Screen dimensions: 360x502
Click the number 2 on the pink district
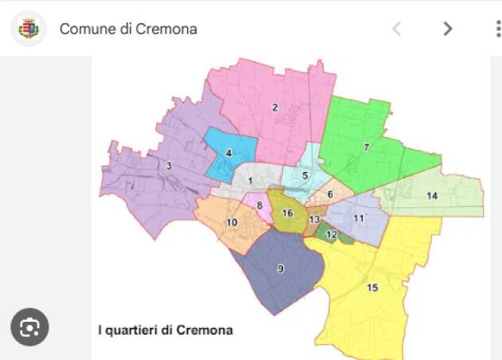275,108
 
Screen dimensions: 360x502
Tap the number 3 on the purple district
169,166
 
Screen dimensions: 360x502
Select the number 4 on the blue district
229,153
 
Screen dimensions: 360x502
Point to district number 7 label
366,147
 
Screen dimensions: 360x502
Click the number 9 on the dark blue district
280,269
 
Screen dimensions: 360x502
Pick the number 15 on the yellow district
372,288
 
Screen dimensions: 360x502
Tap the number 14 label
432,196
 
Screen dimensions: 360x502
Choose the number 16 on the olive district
288,213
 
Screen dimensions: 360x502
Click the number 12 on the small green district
331,234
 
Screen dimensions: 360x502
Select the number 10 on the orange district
232,222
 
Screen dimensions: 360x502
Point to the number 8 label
259,205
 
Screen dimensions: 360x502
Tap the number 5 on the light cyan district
305,175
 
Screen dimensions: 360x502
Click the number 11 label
359,218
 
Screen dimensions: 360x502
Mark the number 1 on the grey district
250,181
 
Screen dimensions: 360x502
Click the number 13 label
315,220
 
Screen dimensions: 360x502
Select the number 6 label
330,194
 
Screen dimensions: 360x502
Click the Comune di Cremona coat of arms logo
29,29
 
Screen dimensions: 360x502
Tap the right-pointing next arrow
447,29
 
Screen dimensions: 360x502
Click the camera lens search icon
30,327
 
